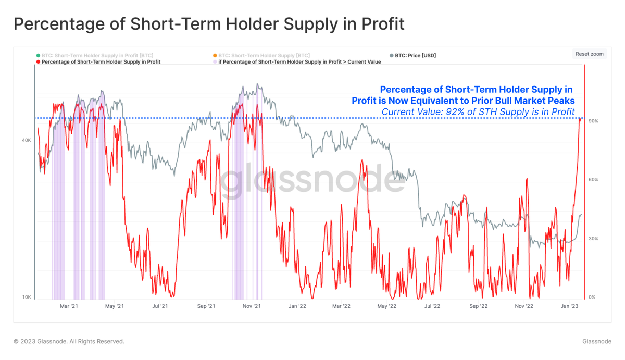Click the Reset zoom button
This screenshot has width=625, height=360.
pos(590,54)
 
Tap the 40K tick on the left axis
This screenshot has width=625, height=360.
pos(26,140)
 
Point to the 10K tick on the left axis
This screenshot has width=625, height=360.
pos(26,297)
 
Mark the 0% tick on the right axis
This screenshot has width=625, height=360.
pos(592,297)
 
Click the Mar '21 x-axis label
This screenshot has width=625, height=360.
pos(69,306)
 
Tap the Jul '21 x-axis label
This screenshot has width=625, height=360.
pos(160,306)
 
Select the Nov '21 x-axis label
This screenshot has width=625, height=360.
pos(252,306)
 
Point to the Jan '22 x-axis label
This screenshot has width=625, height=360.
pos(297,306)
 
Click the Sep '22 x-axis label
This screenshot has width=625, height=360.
pos(478,306)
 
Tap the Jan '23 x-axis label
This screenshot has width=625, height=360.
pos(569,306)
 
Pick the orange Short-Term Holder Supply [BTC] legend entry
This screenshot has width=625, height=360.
pos(264,55)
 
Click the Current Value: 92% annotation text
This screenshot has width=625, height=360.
pos(478,112)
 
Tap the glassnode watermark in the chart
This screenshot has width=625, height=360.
pos(309,180)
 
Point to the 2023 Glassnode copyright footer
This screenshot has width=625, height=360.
pos(69,342)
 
